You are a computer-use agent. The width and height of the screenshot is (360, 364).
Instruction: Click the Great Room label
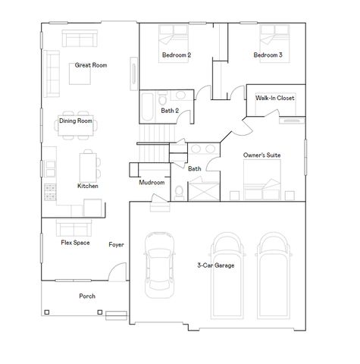click(x=90, y=65)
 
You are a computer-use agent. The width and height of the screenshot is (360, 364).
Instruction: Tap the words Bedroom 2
click(x=176, y=55)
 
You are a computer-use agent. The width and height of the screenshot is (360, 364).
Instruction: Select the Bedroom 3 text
click(x=268, y=55)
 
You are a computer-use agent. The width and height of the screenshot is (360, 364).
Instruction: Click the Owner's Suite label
click(x=261, y=155)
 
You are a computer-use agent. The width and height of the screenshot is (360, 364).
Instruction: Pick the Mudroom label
click(x=152, y=183)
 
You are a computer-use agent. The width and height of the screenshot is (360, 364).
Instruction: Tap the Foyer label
click(x=116, y=245)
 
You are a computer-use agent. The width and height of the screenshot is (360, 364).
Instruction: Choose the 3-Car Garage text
click(x=216, y=265)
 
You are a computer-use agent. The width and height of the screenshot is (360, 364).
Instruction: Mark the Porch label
click(x=87, y=296)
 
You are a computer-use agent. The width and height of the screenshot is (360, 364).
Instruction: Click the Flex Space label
click(x=76, y=244)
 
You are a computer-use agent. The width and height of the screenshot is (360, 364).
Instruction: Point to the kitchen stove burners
click(x=50, y=190)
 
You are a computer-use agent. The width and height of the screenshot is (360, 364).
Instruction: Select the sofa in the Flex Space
click(x=74, y=227)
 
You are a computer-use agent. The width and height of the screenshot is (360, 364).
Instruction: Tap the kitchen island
click(x=89, y=165)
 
